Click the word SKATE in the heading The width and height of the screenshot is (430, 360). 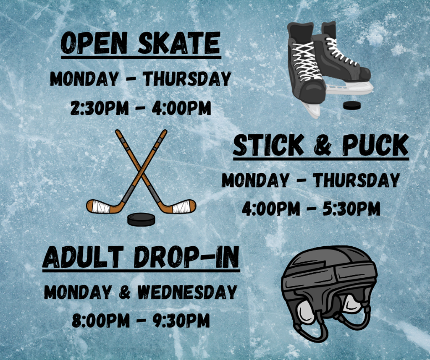(179, 43)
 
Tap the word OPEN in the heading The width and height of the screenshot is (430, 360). (94, 43)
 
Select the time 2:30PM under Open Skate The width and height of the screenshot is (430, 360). (100, 108)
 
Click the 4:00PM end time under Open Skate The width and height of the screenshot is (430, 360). (181, 108)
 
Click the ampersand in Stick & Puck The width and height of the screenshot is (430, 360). (322, 146)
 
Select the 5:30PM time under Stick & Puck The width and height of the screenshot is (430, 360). (351, 209)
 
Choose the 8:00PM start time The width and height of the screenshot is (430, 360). (101, 320)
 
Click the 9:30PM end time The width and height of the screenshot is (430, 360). (181, 320)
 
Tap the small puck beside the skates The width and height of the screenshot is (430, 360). (352, 105)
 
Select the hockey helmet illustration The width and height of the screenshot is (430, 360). (329, 293)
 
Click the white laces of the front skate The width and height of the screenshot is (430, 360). (307, 61)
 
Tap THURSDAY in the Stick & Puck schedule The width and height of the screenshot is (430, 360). (357, 180)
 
